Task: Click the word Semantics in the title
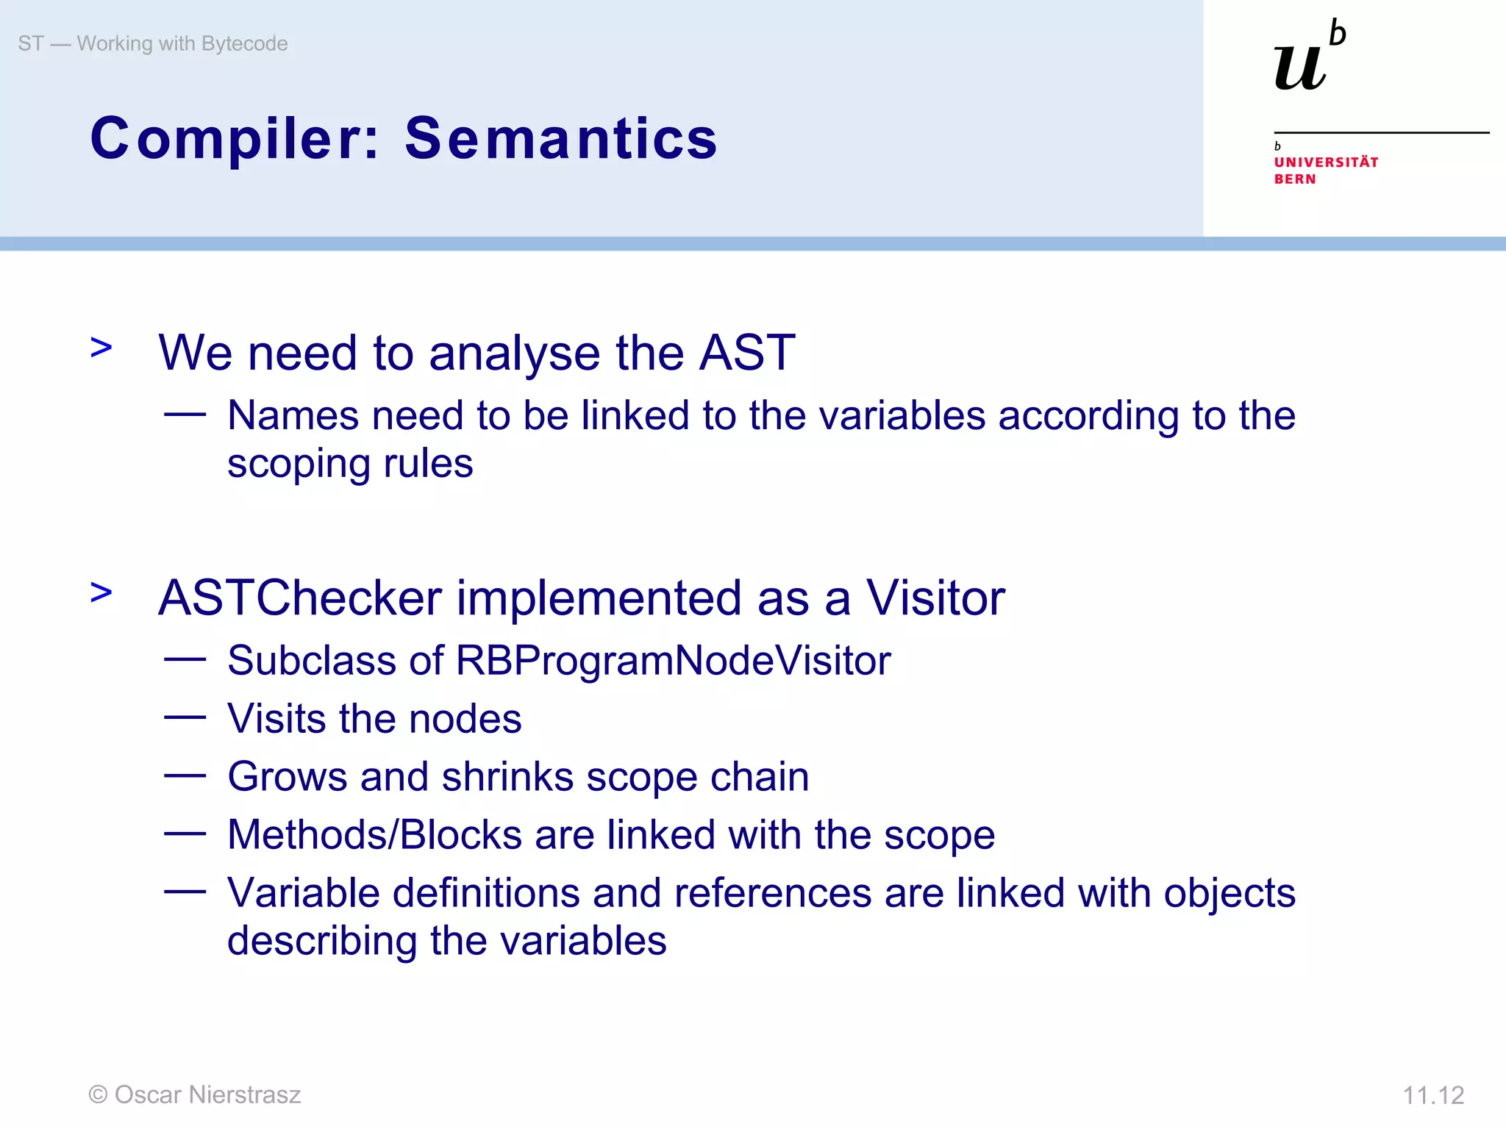click(x=560, y=138)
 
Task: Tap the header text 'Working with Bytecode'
click(x=182, y=43)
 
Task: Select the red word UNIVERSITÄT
click(x=1326, y=162)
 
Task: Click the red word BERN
click(x=1294, y=179)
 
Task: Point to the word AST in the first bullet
click(x=746, y=353)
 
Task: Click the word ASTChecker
click(x=300, y=598)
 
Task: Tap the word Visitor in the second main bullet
click(x=935, y=598)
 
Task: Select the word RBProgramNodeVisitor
click(x=673, y=660)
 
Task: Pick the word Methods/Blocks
click(x=374, y=835)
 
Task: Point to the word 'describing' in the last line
click(x=321, y=941)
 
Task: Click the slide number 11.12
click(x=1433, y=1095)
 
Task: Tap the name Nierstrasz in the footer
click(x=244, y=1094)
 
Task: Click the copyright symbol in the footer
click(x=98, y=1094)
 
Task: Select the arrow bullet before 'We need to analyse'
click(x=101, y=347)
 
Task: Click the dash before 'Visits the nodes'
click(x=185, y=717)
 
